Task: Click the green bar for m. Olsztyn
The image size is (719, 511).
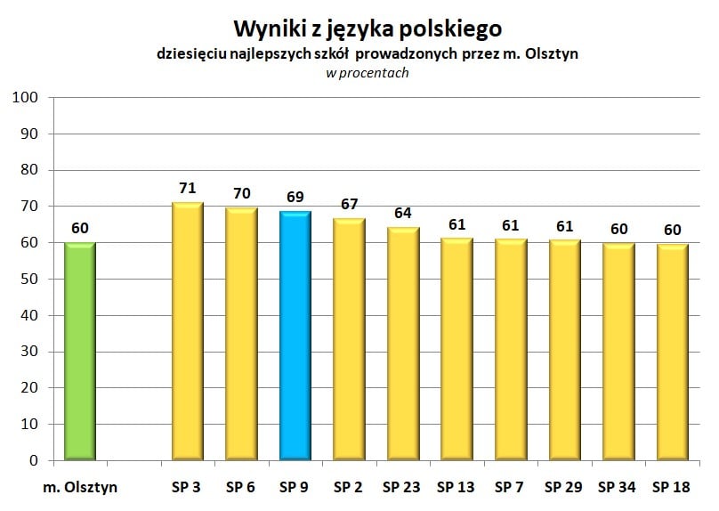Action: pos(80,352)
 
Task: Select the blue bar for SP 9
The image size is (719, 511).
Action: pos(295,336)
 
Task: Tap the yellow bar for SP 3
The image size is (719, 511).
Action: pos(187,332)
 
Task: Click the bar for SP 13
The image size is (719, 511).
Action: pos(456,350)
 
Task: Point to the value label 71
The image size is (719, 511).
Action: pos(187,188)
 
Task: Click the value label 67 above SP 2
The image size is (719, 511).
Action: pos(349,204)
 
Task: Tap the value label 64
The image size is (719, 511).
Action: pos(403,214)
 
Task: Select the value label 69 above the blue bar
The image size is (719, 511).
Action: pos(295,196)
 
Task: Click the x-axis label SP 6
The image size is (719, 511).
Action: pos(240,487)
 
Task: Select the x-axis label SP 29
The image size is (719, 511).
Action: pos(564,487)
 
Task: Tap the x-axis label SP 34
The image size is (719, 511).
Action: pos(618,487)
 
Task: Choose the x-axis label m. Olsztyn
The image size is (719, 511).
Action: pos(80,487)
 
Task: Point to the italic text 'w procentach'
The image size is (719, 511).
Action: pos(367,73)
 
